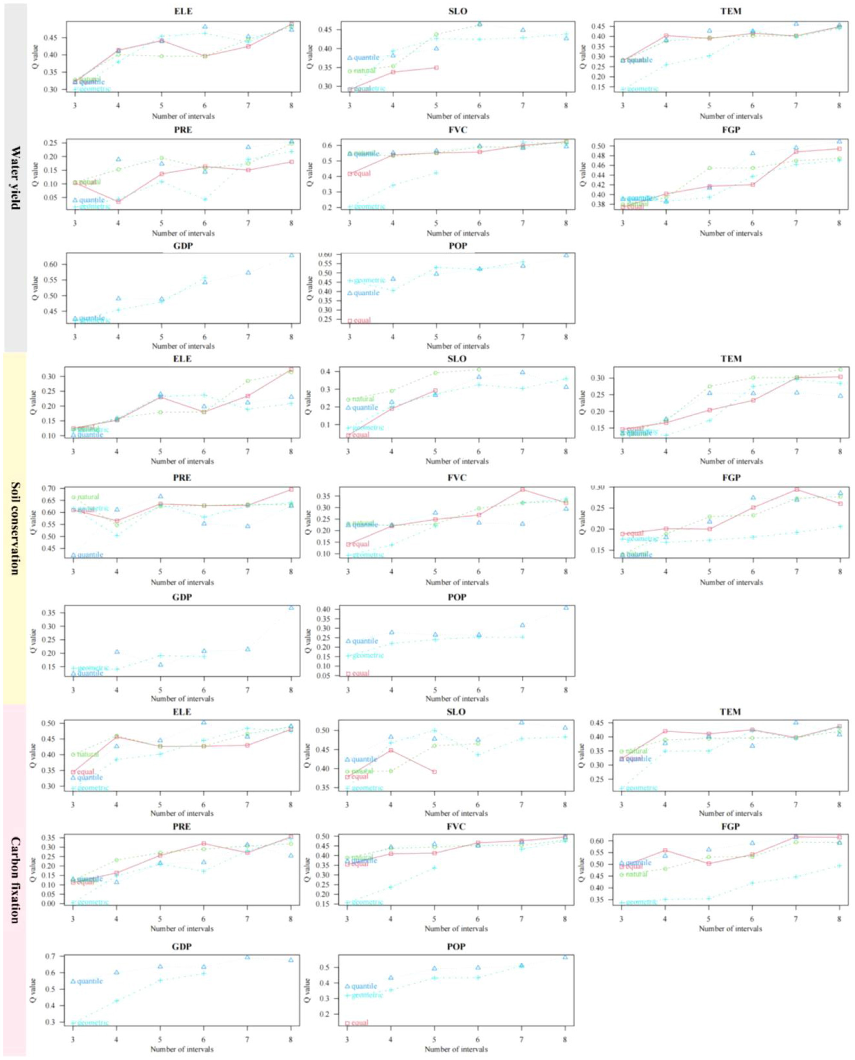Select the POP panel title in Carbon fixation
click(457, 947)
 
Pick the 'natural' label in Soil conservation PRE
click(88, 497)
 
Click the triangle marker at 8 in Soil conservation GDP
click(291, 607)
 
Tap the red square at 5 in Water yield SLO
click(436, 68)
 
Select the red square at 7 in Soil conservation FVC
click(523, 489)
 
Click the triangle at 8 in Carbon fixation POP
click(565, 957)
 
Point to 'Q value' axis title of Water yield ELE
click(35, 56)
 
